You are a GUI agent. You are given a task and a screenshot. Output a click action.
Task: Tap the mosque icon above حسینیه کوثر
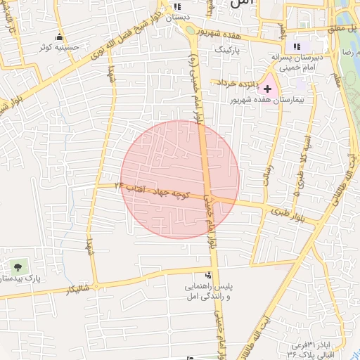coord(59,37)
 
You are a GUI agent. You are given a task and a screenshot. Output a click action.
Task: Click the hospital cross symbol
coord(267,89)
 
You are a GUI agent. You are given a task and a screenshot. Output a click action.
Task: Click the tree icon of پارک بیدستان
coord(17,266)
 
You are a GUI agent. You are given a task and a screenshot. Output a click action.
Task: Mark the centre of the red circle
coord(180,179)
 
